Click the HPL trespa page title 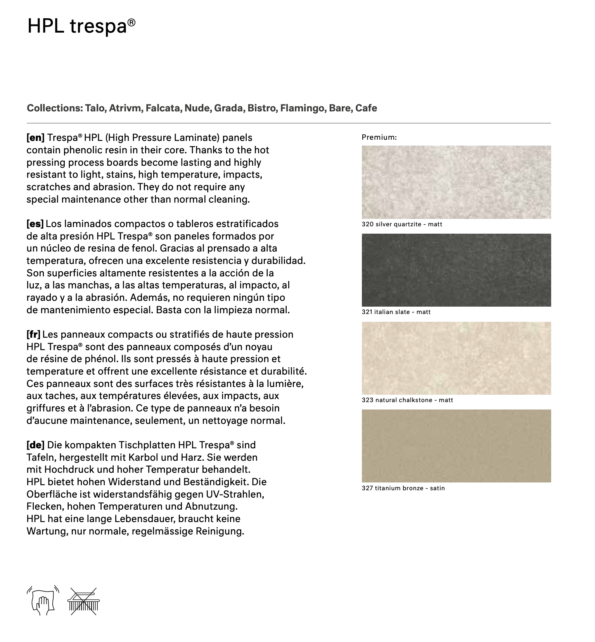pyautogui.click(x=81, y=26)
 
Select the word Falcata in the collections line pyautogui.click(x=163, y=108)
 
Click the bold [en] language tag pyautogui.click(x=35, y=138)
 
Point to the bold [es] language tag pyautogui.click(x=35, y=224)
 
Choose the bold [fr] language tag pyautogui.click(x=33, y=335)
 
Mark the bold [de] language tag pyautogui.click(x=35, y=445)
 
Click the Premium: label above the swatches pyautogui.click(x=379, y=137)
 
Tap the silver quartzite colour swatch pyautogui.click(x=456, y=182)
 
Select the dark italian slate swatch pyautogui.click(x=456, y=270)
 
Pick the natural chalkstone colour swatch pyautogui.click(x=456, y=358)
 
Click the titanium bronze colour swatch pyautogui.click(x=456, y=446)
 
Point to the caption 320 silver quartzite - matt pyautogui.click(x=402, y=224)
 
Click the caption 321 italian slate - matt pyautogui.click(x=396, y=312)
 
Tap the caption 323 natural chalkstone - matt pyautogui.click(x=407, y=400)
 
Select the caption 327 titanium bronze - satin pyautogui.click(x=403, y=488)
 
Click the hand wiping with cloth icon pyautogui.click(x=43, y=600)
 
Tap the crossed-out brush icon pyautogui.click(x=83, y=601)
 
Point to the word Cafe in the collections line pyautogui.click(x=366, y=108)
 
